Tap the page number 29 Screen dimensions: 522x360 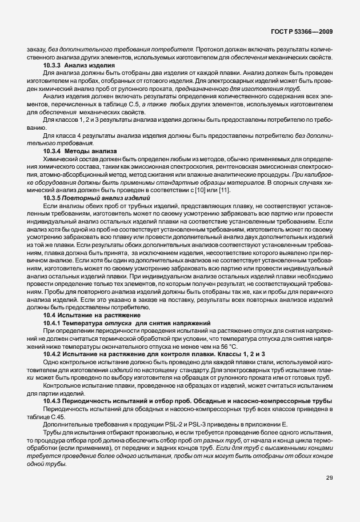click(x=329, y=478)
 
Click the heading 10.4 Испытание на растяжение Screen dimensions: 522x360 click(x=89, y=316)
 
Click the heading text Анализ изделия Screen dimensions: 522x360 click(x=91, y=66)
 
